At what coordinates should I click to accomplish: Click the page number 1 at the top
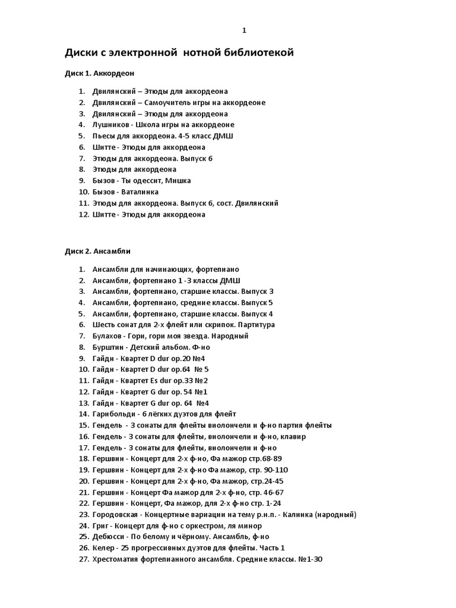pos(244,31)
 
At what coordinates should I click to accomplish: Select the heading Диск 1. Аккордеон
pos(100,73)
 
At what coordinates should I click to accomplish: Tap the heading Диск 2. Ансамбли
pos(97,251)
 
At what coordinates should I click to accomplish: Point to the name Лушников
pos(110,125)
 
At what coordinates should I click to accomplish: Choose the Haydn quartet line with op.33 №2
pos(150,381)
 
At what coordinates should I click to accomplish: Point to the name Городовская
pos(115,515)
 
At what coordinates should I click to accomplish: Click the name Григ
pos(100,526)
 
